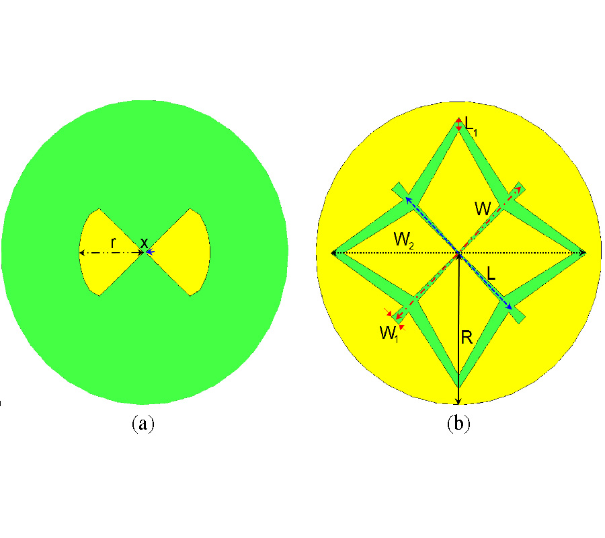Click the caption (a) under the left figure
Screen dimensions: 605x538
point(143,424)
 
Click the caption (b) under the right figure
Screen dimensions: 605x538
point(458,424)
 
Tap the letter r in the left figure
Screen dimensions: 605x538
point(113,243)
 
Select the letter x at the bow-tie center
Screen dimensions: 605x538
point(144,243)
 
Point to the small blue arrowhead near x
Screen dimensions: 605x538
point(150,252)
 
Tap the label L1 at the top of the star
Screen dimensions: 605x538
point(471,126)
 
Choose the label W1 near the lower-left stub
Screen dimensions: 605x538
point(389,334)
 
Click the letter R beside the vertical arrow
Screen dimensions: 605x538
point(467,338)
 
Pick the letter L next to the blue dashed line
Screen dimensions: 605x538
point(491,273)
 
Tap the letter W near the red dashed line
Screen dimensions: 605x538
point(483,208)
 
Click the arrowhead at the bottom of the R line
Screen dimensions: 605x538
point(458,401)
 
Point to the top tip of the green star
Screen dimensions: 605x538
point(458,118)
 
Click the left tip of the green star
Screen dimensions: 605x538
point(333,253)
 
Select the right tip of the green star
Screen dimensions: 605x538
point(585,253)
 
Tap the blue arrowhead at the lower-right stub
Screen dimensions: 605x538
point(510,307)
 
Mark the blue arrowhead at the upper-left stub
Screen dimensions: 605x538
point(407,200)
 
